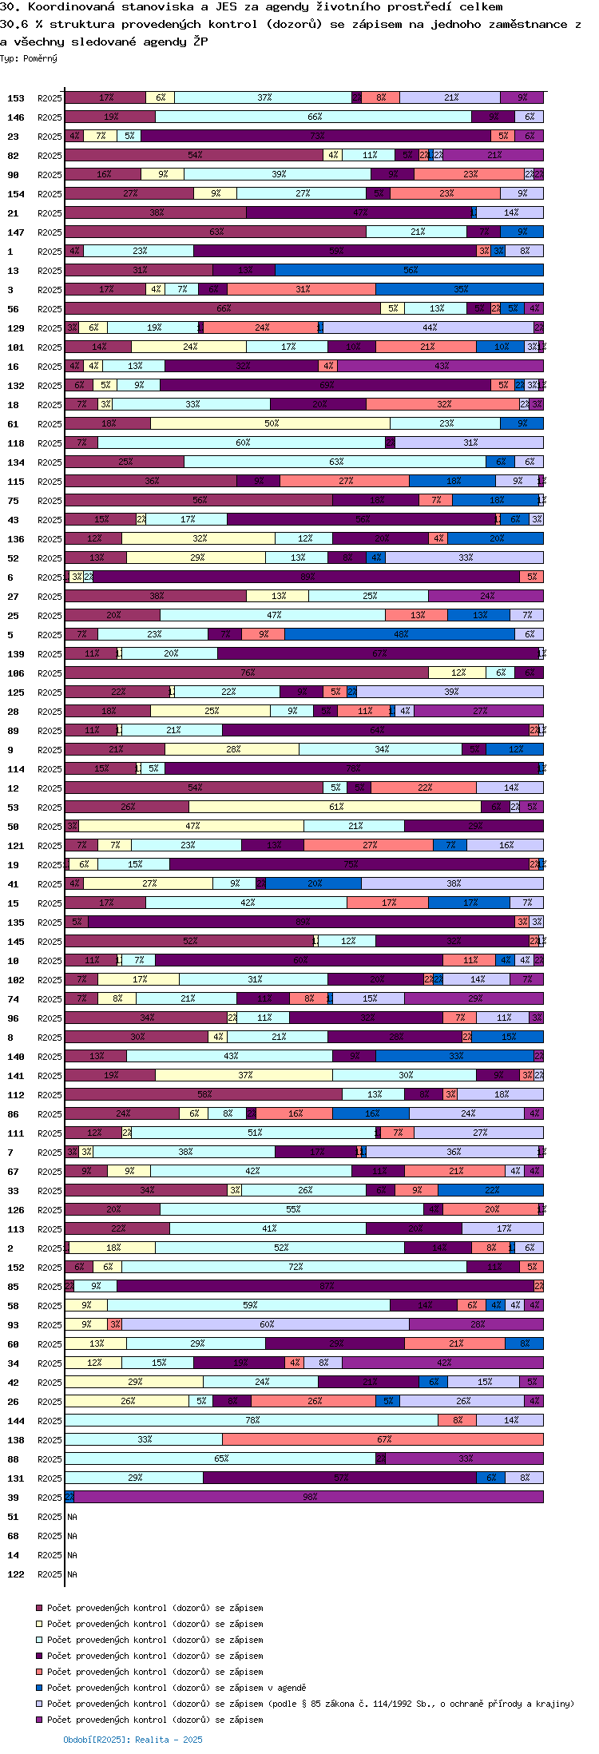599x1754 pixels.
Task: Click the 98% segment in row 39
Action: pyautogui.click(x=309, y=1497)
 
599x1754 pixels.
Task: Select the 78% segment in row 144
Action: pyautogui.click(x=252, y=1420)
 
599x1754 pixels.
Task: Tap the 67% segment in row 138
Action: pyautogui.click(x=383, y=1439)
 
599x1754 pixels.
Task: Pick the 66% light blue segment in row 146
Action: pyautogui.click(x=314, y=117)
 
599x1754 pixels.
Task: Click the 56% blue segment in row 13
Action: pyautogui.click(x=410, y=270)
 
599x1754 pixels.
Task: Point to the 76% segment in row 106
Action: pyautogui.click(x=247, y=673)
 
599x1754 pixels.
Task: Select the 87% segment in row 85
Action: pyautogui.click(x=325, y=1286)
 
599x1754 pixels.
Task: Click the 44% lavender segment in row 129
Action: pyautogui.click(x=429, y=327)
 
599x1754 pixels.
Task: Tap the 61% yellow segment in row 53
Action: pyautogui.click(x=335, y=807)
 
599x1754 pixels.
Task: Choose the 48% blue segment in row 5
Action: pyautogui.click(x=400, y=634)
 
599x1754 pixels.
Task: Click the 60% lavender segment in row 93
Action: pyautogui.click(x=266, y=1324)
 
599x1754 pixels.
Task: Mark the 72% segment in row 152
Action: pyautogui.click(x=295, y=1267)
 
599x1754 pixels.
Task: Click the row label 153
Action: pyautogui.click(x=16, y=98)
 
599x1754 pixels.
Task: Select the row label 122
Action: pyautogui.click(x=16, y=1574)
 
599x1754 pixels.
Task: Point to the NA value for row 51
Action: pyautogui.click(x=72, y=1517)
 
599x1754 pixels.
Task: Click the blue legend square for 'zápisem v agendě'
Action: pyautogui.click(x=38, y=1688)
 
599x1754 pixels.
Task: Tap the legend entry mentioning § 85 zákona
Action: pyautogui.click(x=310, y=1704)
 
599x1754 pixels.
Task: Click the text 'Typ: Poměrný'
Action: pyautogui.click(x=29, y=58)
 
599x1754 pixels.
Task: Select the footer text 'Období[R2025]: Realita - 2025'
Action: pyautogui.click(x=133, y=1739)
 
